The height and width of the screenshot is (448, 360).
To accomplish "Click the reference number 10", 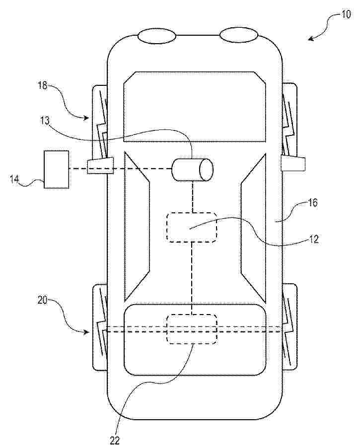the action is coord(346,14).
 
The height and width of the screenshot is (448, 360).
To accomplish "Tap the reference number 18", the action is coord(43,85).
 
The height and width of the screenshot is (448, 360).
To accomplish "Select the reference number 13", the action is coord(45,121).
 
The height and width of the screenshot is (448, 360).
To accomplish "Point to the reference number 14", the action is coord(14,179).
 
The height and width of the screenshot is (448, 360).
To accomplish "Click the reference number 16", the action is coord(313,202).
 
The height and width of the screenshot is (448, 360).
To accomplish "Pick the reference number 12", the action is coord(313,239).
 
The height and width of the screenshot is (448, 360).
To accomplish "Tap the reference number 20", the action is coord(42,300).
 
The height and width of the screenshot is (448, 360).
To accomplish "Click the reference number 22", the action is coord(115,440).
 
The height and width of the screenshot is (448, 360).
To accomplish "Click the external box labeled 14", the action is coord(56,170).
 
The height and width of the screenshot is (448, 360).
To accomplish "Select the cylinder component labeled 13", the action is coord(193,170).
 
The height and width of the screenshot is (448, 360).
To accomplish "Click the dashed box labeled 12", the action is coord(192,227).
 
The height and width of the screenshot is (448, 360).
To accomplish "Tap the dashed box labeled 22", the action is coord(192,329).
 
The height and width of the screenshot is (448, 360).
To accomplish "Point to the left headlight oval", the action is coord(157,36).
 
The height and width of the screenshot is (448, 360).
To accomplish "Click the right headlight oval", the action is coord(239,35).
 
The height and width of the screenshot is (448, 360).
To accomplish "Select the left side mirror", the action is coord(100,166).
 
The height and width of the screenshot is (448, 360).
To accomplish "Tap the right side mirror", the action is coord(293,163).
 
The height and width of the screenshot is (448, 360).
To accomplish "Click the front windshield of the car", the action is coord(195,107).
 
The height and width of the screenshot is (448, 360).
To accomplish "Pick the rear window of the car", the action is coord(195,340).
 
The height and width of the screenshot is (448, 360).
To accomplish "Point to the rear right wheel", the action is coord(289,327).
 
